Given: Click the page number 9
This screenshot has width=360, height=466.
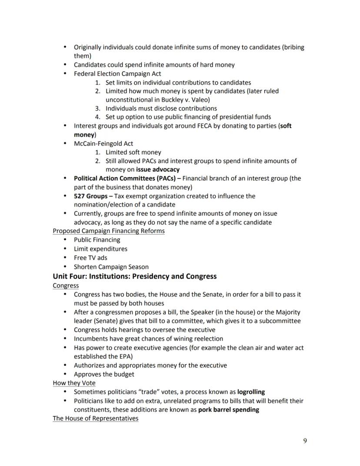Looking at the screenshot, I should coord(305,441).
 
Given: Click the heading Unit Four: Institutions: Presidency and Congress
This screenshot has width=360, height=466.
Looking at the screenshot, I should coord(134,276).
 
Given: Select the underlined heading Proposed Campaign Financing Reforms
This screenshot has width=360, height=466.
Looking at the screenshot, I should coord(108,231).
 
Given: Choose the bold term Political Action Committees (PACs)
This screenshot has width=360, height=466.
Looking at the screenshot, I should coord(124,178).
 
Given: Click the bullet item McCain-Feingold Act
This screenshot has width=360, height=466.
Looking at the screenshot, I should coord(103,144).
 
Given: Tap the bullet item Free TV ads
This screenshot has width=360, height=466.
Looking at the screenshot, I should coord(90,258).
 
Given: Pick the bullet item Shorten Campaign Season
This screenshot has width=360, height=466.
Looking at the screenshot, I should coord(111,267).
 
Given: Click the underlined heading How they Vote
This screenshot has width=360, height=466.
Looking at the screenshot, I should coord(74,383).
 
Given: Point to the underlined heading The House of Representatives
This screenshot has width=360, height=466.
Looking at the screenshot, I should coord(95,418).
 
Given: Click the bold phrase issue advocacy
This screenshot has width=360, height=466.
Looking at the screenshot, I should coord(157,169).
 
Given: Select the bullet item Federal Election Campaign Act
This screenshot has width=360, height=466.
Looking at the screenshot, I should coord(117,74).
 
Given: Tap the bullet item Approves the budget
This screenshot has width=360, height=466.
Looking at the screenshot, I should coord(104,374).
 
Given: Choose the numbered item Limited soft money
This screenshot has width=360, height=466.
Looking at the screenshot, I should coord(133,152).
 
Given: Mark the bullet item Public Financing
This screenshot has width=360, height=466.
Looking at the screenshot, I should coord(97,240).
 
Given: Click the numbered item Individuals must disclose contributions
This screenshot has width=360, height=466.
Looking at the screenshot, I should coord(161,108).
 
